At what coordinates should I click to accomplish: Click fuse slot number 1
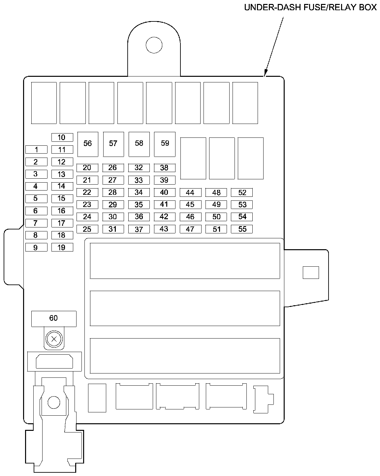[36, 150]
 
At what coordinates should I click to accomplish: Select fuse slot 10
[62, 137]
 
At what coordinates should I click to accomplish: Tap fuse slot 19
[62, 248]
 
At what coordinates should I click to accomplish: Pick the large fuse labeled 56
[87, 144]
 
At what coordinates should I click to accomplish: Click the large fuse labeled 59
[165, 144]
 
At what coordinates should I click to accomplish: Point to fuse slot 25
[87, 229]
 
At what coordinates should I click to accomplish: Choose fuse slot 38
[164, 168]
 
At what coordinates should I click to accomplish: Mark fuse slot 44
[190, 193]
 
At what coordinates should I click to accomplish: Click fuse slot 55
[242, 229]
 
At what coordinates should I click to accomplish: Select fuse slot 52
[242, 193]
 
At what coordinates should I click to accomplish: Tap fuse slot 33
[139, 180]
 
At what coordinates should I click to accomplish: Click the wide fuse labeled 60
[54, 318]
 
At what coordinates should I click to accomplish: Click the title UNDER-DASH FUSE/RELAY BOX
[310, 7]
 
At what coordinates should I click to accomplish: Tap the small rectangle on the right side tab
[311, 273]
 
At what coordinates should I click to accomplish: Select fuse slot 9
[36, 248]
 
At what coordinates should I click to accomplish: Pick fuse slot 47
[190, 229]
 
